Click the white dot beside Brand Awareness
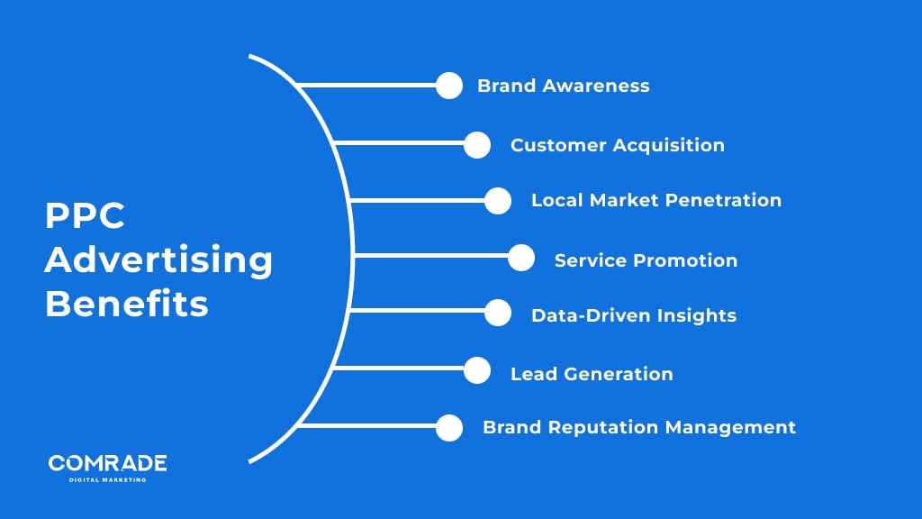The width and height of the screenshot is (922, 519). tap(448, 86)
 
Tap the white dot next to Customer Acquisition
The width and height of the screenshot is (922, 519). tap(477, 144)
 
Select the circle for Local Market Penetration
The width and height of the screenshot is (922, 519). tap(498, 200)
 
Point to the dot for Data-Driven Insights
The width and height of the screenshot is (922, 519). tap(498, 313)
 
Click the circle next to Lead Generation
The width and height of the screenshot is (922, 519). tap(477, 370)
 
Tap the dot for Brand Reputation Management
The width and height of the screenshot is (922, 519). tap(448, 427)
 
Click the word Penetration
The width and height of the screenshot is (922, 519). tap(726, 200)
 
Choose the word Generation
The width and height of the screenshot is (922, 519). tap(621, 374)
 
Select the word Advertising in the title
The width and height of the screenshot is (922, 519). tap(158, 260)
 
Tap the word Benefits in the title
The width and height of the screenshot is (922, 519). tap(127, 303)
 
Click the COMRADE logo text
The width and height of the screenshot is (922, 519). tap(107, 463)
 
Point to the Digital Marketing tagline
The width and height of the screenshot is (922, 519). tap(107, 479)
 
